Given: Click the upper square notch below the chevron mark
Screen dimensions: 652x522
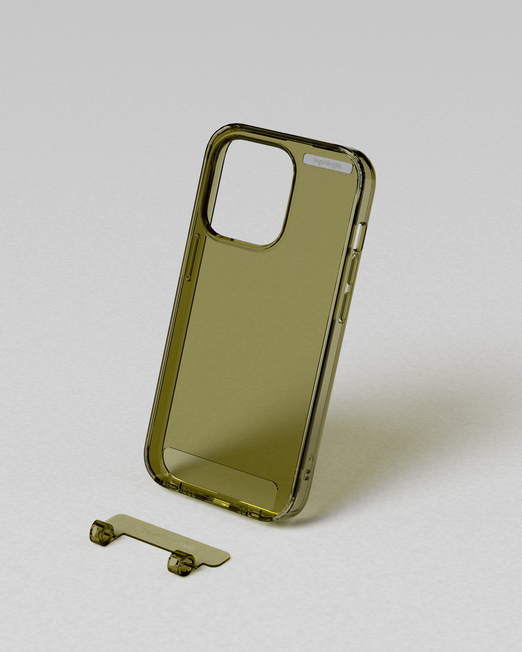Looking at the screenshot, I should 308,472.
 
